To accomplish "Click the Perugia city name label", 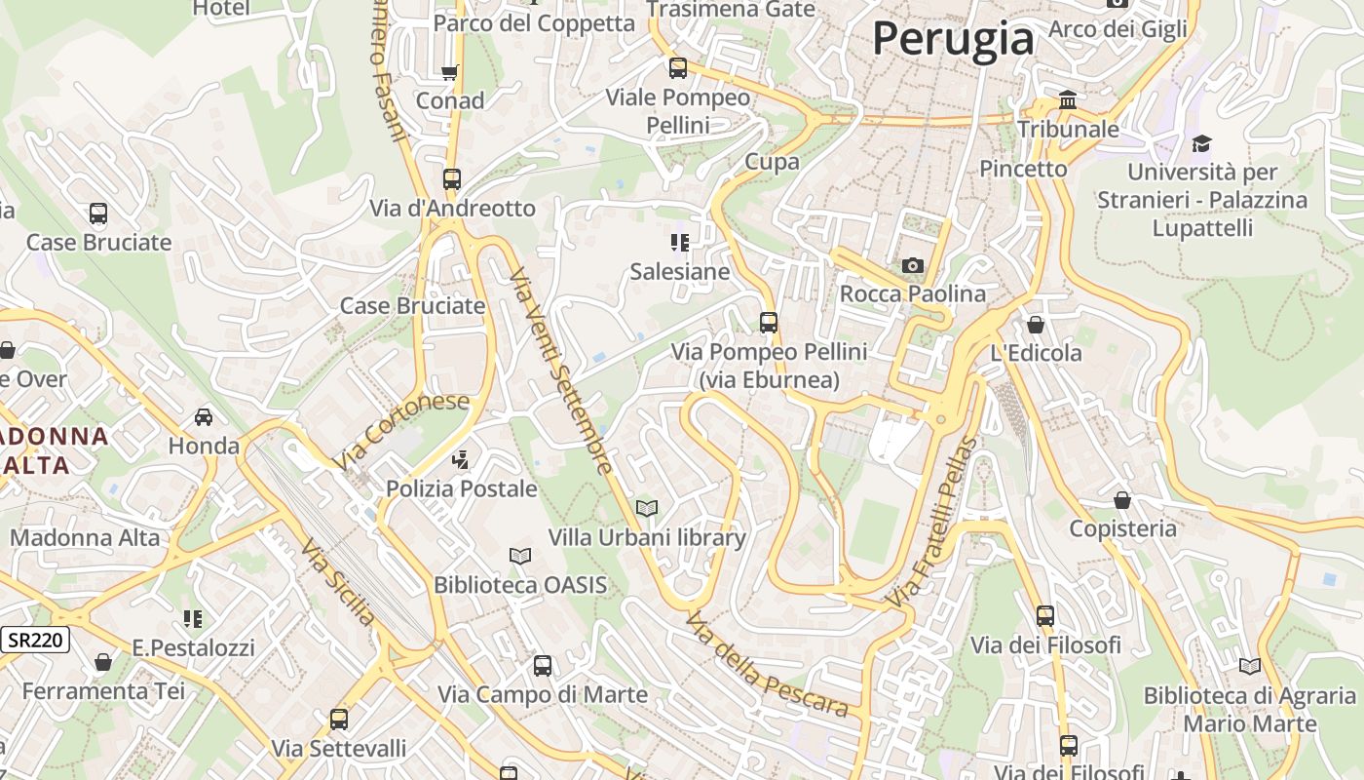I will (x=953, y=39).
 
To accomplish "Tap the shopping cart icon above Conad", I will (x=449, y=72).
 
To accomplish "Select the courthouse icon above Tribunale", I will (x=1068, y=100).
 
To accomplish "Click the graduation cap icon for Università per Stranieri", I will (x=1201, y=144).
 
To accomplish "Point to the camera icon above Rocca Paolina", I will (x=913, y=265).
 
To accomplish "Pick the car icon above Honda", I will (x=204, y=417).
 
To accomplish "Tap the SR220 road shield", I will (x=34, y=641).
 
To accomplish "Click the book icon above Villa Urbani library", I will (x=647, y=508).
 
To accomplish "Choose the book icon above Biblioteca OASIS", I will (x=520, y=556).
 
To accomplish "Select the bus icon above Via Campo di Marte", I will (x=543, y=666).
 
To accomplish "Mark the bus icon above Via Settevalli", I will (x=339, y=720).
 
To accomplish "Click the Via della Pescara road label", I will (x=767, y=665).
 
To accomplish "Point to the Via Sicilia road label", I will (x=338, y=582).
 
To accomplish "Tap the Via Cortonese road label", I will (x=400, y=430).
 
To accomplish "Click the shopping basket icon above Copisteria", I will (x=1122, y=500).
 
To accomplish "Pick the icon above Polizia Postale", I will (x=461, y=459).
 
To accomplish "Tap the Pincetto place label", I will (x=1023, y=169).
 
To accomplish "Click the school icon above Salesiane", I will (x=680, y=242).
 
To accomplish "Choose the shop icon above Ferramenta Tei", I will (x=103, y=663).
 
